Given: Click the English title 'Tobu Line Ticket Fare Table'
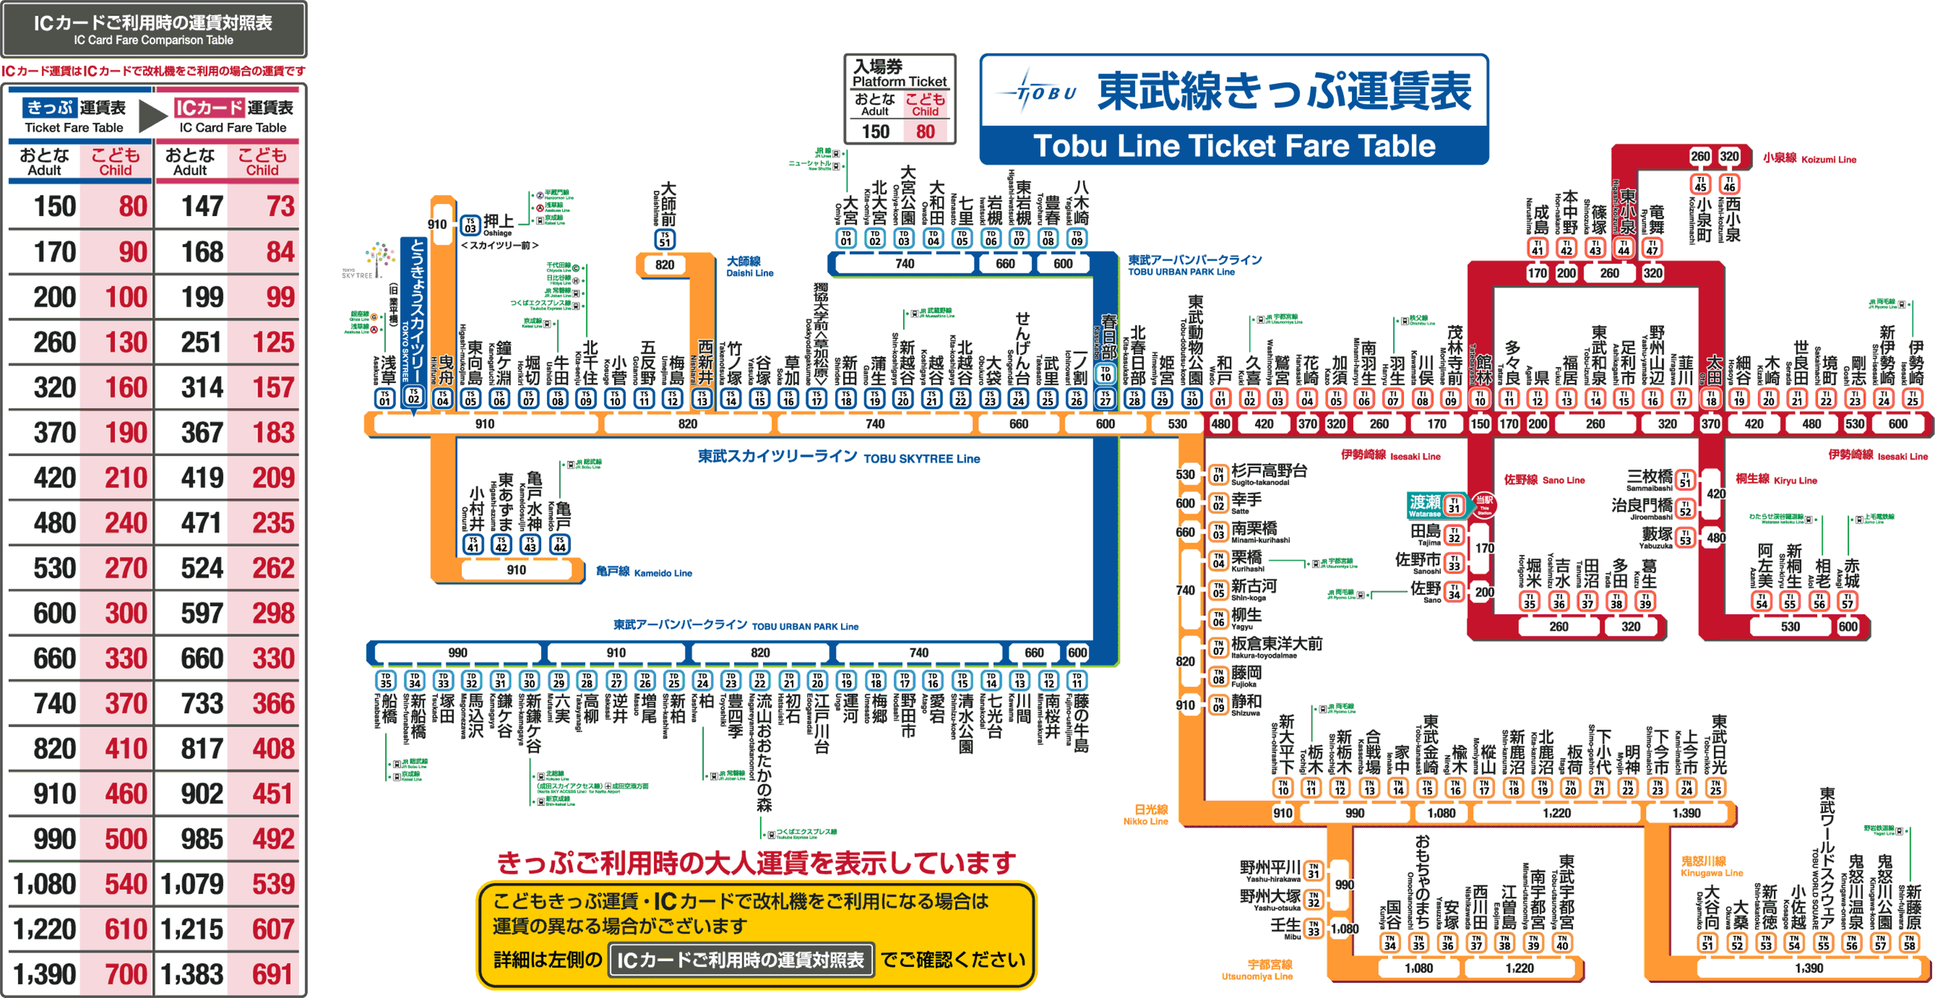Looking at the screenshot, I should click(1233, 146).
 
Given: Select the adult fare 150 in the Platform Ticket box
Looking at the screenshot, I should click(875, 132).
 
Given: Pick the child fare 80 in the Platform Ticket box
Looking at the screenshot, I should click(925, 132).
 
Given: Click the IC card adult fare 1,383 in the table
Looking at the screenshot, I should click(192, 975).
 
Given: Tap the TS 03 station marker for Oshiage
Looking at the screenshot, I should click(470, 225).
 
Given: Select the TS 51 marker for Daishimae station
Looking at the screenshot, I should click(665, 239).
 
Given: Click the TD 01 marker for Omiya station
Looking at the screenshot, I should click(846, 238).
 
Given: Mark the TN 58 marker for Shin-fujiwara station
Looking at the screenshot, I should click(1909, 942).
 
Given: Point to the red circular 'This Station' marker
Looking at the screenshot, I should click(1483, 504).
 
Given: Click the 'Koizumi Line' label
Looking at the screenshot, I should click(1809, 159).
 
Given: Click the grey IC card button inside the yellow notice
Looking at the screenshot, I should click(740, 960).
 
